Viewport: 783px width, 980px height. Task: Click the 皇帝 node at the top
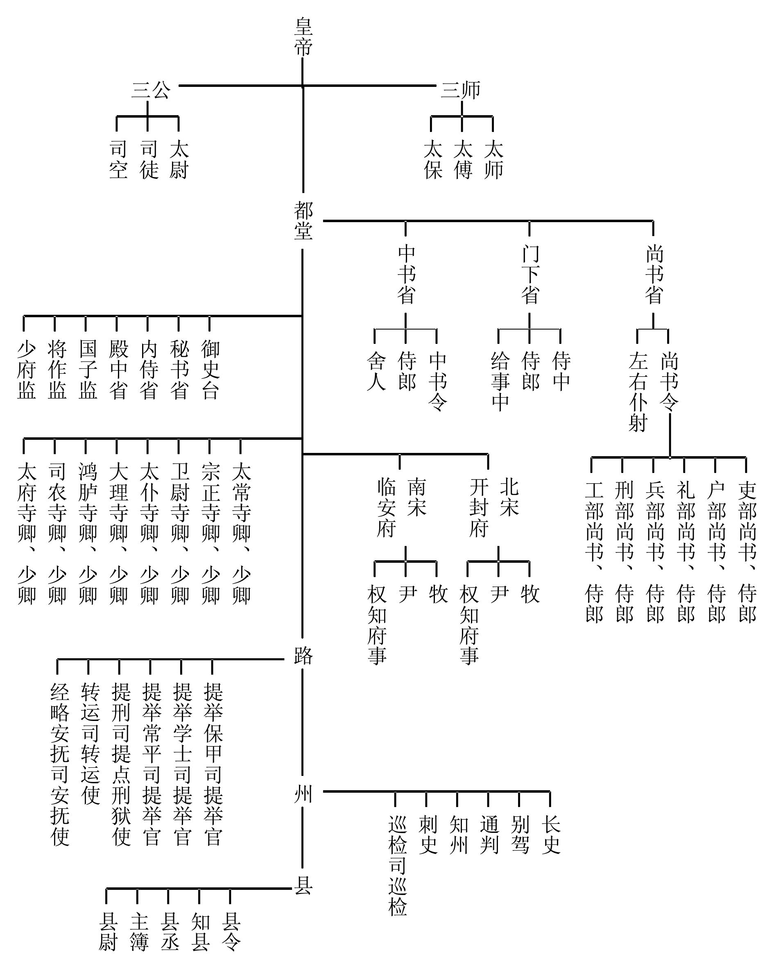pos(303,36)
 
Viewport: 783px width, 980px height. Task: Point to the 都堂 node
pos(303,221)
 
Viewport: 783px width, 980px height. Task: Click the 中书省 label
pos(405,275)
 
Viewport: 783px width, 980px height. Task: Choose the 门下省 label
pos(530,275)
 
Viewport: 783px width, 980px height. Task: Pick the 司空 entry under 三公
pos(118,159)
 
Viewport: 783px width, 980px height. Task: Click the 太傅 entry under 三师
pos(462,159)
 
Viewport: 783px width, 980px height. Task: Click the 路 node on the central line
pos(303,655)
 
